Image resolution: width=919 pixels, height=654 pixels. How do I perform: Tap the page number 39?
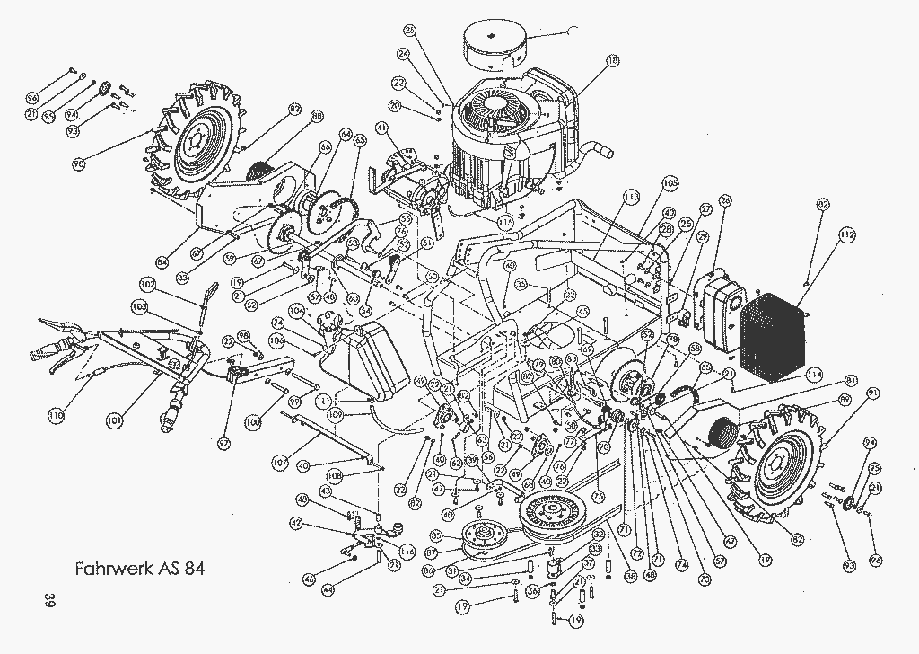[x=37, y=601]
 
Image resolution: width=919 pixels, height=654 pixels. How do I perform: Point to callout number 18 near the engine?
[x=613, y=61]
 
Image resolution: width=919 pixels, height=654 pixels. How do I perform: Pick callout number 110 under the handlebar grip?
[x=57, y=415]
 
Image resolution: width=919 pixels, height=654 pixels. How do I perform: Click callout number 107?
[x=279, y=461]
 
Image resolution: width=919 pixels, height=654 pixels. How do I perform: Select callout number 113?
[x=631, y=196]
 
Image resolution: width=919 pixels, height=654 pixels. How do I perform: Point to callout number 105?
[x=670, y=182]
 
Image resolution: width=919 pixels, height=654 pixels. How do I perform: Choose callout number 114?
[x=814, y=373]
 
